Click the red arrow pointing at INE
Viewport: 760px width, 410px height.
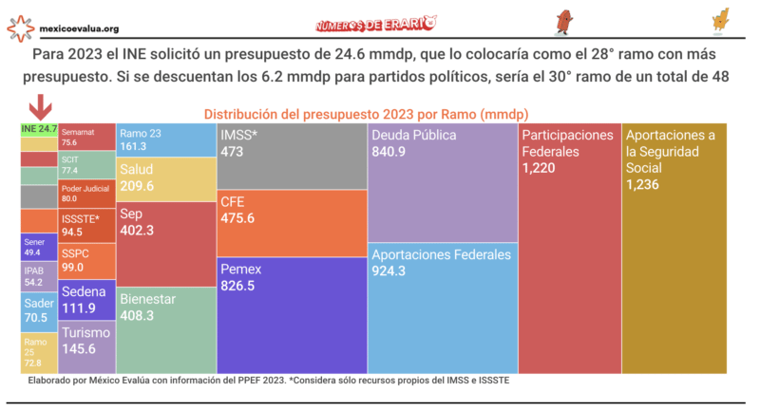40,105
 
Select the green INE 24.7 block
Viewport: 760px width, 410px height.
39,129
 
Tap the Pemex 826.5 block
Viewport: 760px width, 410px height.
291,314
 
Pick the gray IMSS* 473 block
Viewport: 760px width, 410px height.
291,157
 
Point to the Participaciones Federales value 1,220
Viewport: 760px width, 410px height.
541,167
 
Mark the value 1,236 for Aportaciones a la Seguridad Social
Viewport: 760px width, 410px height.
648,183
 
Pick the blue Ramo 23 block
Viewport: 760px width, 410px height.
166,140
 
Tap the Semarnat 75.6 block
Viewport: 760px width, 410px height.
87,138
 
